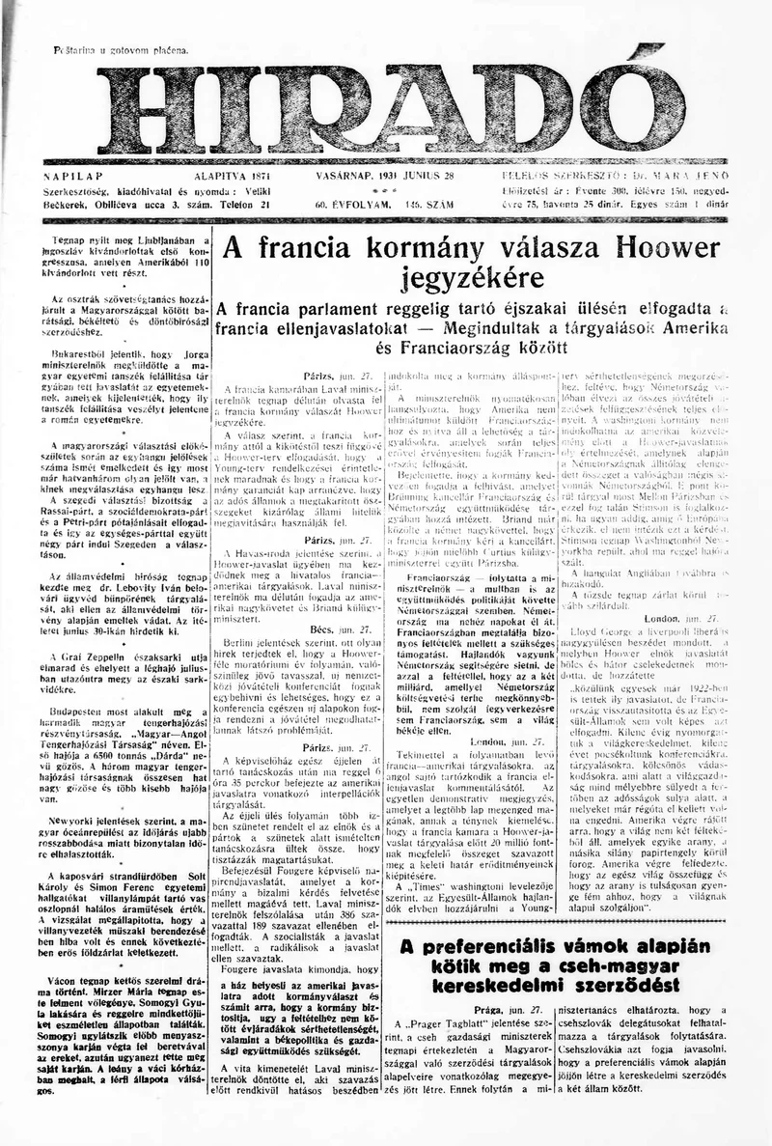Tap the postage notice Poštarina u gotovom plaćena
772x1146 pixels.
[120, 48]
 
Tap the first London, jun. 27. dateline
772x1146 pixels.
[499, 713]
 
